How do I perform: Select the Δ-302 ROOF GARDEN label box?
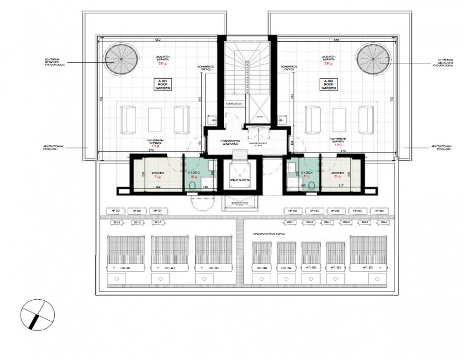pos(330,85)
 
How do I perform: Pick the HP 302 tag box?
pos(380,211)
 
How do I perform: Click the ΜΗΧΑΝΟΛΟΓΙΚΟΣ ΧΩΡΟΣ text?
pos(269,233)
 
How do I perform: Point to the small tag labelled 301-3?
pos(117,222)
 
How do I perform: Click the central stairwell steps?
pos(239,67)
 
